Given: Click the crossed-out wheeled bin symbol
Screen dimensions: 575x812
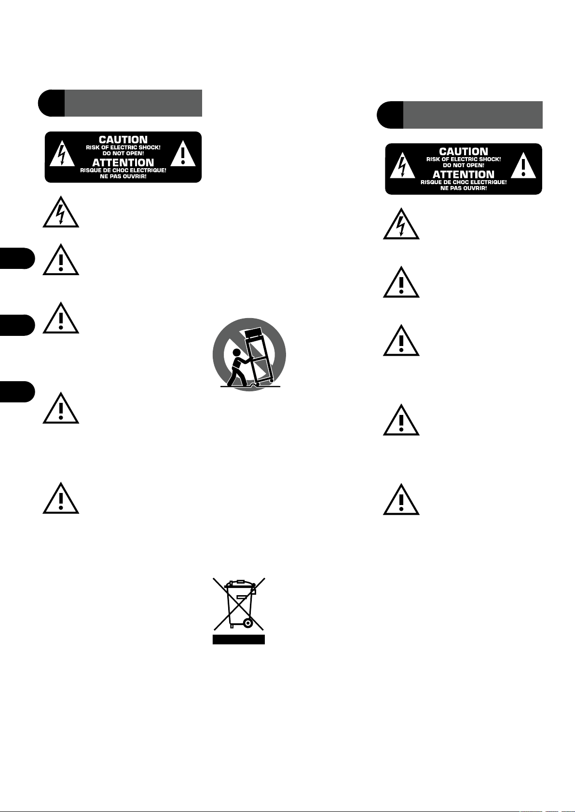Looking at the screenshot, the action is (x=239, y=604).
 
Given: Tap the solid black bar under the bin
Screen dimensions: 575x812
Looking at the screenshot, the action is (x=239, y=639).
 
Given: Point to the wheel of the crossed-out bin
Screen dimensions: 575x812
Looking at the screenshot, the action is (x=248, y=623).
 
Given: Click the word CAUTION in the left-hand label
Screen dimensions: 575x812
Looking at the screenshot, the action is (x=123, y=140).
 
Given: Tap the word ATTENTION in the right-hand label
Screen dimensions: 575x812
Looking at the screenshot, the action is (x=464, y=174).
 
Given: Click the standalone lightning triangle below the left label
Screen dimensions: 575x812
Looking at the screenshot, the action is (x=61, y=213).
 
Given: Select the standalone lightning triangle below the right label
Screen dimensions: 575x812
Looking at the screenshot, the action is (x=401, y=225).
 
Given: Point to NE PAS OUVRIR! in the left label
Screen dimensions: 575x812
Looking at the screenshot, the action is (x=123, y=176).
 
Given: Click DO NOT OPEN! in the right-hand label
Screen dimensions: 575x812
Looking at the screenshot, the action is (x=464, y=165).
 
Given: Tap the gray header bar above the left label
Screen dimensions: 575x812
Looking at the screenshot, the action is (x=133, y=103).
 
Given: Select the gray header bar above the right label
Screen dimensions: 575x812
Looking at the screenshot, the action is (x=473, y=115).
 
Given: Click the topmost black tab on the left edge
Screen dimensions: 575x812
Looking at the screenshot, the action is (x=17, y=258).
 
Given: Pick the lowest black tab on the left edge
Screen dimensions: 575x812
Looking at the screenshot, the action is (x=17, y=391).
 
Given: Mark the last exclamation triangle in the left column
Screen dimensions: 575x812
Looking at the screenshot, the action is (x=61, y=498).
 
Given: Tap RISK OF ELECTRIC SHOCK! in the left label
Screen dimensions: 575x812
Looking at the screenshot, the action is (x=123, y=147).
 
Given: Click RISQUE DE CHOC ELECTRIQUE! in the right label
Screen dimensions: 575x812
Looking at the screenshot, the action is (x=464, y=182).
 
